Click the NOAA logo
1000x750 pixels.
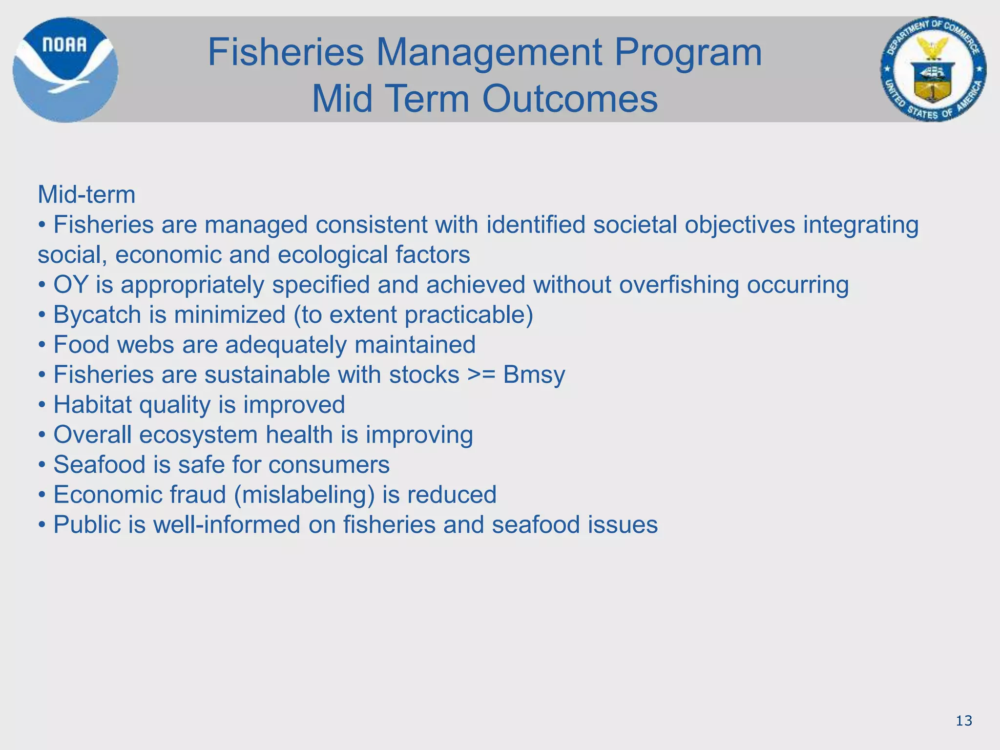(65, 70)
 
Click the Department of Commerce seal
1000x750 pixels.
(933, 69)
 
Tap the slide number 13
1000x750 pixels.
(964, 721)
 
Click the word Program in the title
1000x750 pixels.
(687, 53)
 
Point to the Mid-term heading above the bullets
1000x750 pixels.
(86, 195)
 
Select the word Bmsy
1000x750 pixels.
(534, 375)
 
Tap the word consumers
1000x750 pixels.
(329, 465)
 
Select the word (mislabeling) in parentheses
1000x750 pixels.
(304, 495)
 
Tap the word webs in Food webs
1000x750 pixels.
(145, 345)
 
